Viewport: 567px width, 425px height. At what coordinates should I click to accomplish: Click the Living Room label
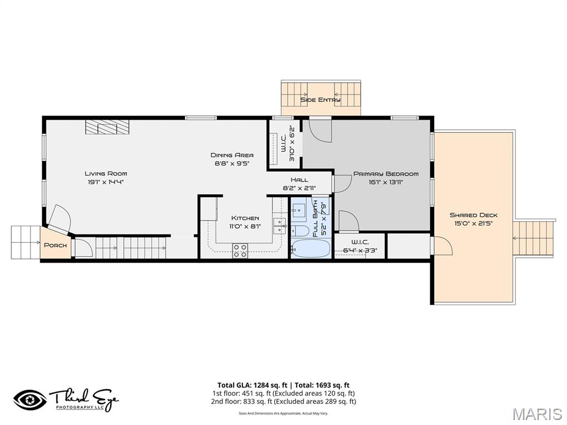(106, 173)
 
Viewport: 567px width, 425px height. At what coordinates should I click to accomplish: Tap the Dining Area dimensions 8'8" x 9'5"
(232, 163)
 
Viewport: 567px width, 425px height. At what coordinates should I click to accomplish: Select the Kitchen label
(245, 218)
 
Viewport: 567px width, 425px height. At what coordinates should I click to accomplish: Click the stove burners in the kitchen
(240, 251)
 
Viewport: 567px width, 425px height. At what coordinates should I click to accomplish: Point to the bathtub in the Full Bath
(310, 248)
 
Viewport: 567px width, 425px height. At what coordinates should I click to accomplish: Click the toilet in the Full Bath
(300, 230)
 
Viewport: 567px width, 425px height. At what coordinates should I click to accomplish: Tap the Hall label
(300, 180)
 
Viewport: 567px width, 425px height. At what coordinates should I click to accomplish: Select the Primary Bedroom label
(386, 174)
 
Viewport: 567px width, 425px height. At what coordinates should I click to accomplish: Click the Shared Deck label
(473, 215)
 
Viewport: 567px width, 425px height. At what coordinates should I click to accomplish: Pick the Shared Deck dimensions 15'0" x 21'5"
(473, 224)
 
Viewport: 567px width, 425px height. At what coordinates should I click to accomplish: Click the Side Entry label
(321, 100)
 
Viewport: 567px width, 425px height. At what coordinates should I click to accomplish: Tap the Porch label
(55, 245)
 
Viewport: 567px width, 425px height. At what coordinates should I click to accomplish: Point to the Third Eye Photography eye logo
(30, 400)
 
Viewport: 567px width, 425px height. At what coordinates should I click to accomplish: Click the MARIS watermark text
(537, 414)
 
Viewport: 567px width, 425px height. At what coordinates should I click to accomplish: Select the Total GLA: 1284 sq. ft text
(252, 385)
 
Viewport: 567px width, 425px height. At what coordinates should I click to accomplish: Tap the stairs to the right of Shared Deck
(534, 238)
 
